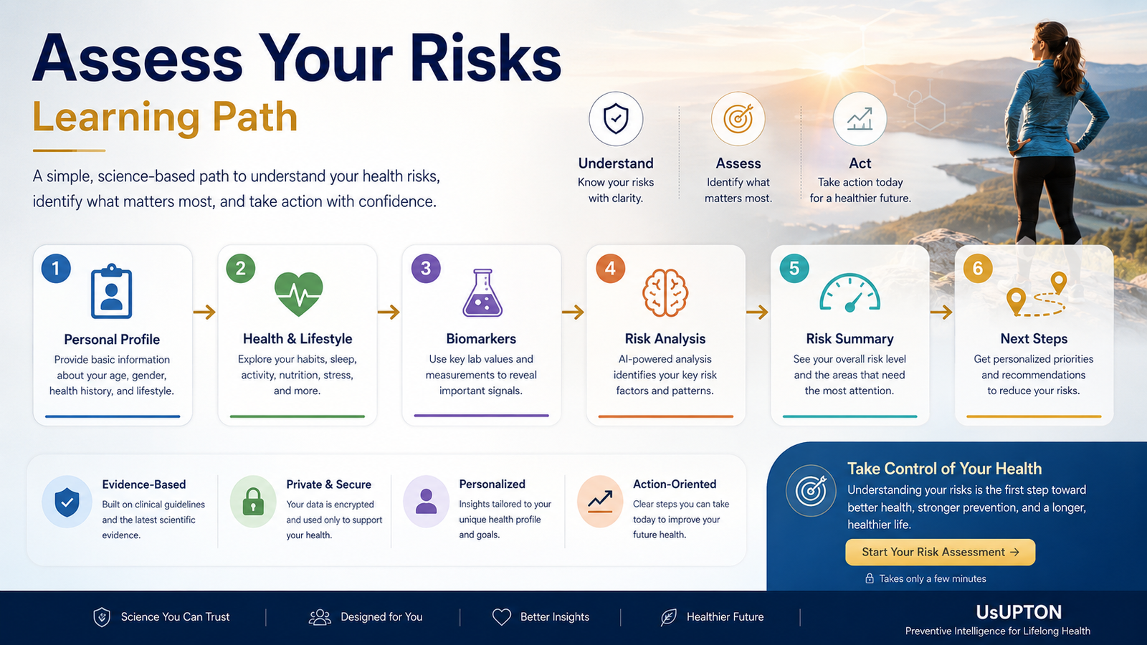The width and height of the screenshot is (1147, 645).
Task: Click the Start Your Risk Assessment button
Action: click(x=940, y=552)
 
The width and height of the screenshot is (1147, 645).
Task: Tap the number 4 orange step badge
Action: click(x=610, y=268)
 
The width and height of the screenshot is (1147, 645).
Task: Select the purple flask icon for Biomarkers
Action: click(x=482, y=293)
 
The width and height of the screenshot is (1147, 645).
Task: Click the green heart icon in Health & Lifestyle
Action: click(x=298, y=294)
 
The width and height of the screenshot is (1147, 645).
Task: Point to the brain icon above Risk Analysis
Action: click(x=665, y=293)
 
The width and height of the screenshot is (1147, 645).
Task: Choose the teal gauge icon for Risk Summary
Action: click(x=849, y=293)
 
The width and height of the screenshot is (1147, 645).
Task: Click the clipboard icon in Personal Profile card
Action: click(x=112, y=292)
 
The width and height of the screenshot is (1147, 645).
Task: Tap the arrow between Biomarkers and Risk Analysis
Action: click(x=573, y=312)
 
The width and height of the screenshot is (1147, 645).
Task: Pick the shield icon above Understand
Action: click(x=616, y=119)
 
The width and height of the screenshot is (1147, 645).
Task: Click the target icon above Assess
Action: click(x=738, y=119)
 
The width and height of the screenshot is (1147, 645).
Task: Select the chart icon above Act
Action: click(x=860, y=119)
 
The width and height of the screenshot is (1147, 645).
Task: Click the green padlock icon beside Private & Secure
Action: click(x=253, y=501)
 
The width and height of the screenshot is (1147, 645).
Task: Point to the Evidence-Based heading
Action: click(x=144, y=484)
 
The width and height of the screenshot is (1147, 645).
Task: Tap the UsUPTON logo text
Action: click(x=1019, y=612)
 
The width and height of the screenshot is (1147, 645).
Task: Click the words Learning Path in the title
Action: click(x=165, y=118)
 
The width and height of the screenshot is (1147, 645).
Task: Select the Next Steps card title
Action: click(x=1034, y=339)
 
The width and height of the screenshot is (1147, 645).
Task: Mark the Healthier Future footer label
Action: click(x=725, y=617)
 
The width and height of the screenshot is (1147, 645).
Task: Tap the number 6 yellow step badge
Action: click(x=978, y=268)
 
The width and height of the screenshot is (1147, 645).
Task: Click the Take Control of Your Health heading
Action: click(x=944, y=469)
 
